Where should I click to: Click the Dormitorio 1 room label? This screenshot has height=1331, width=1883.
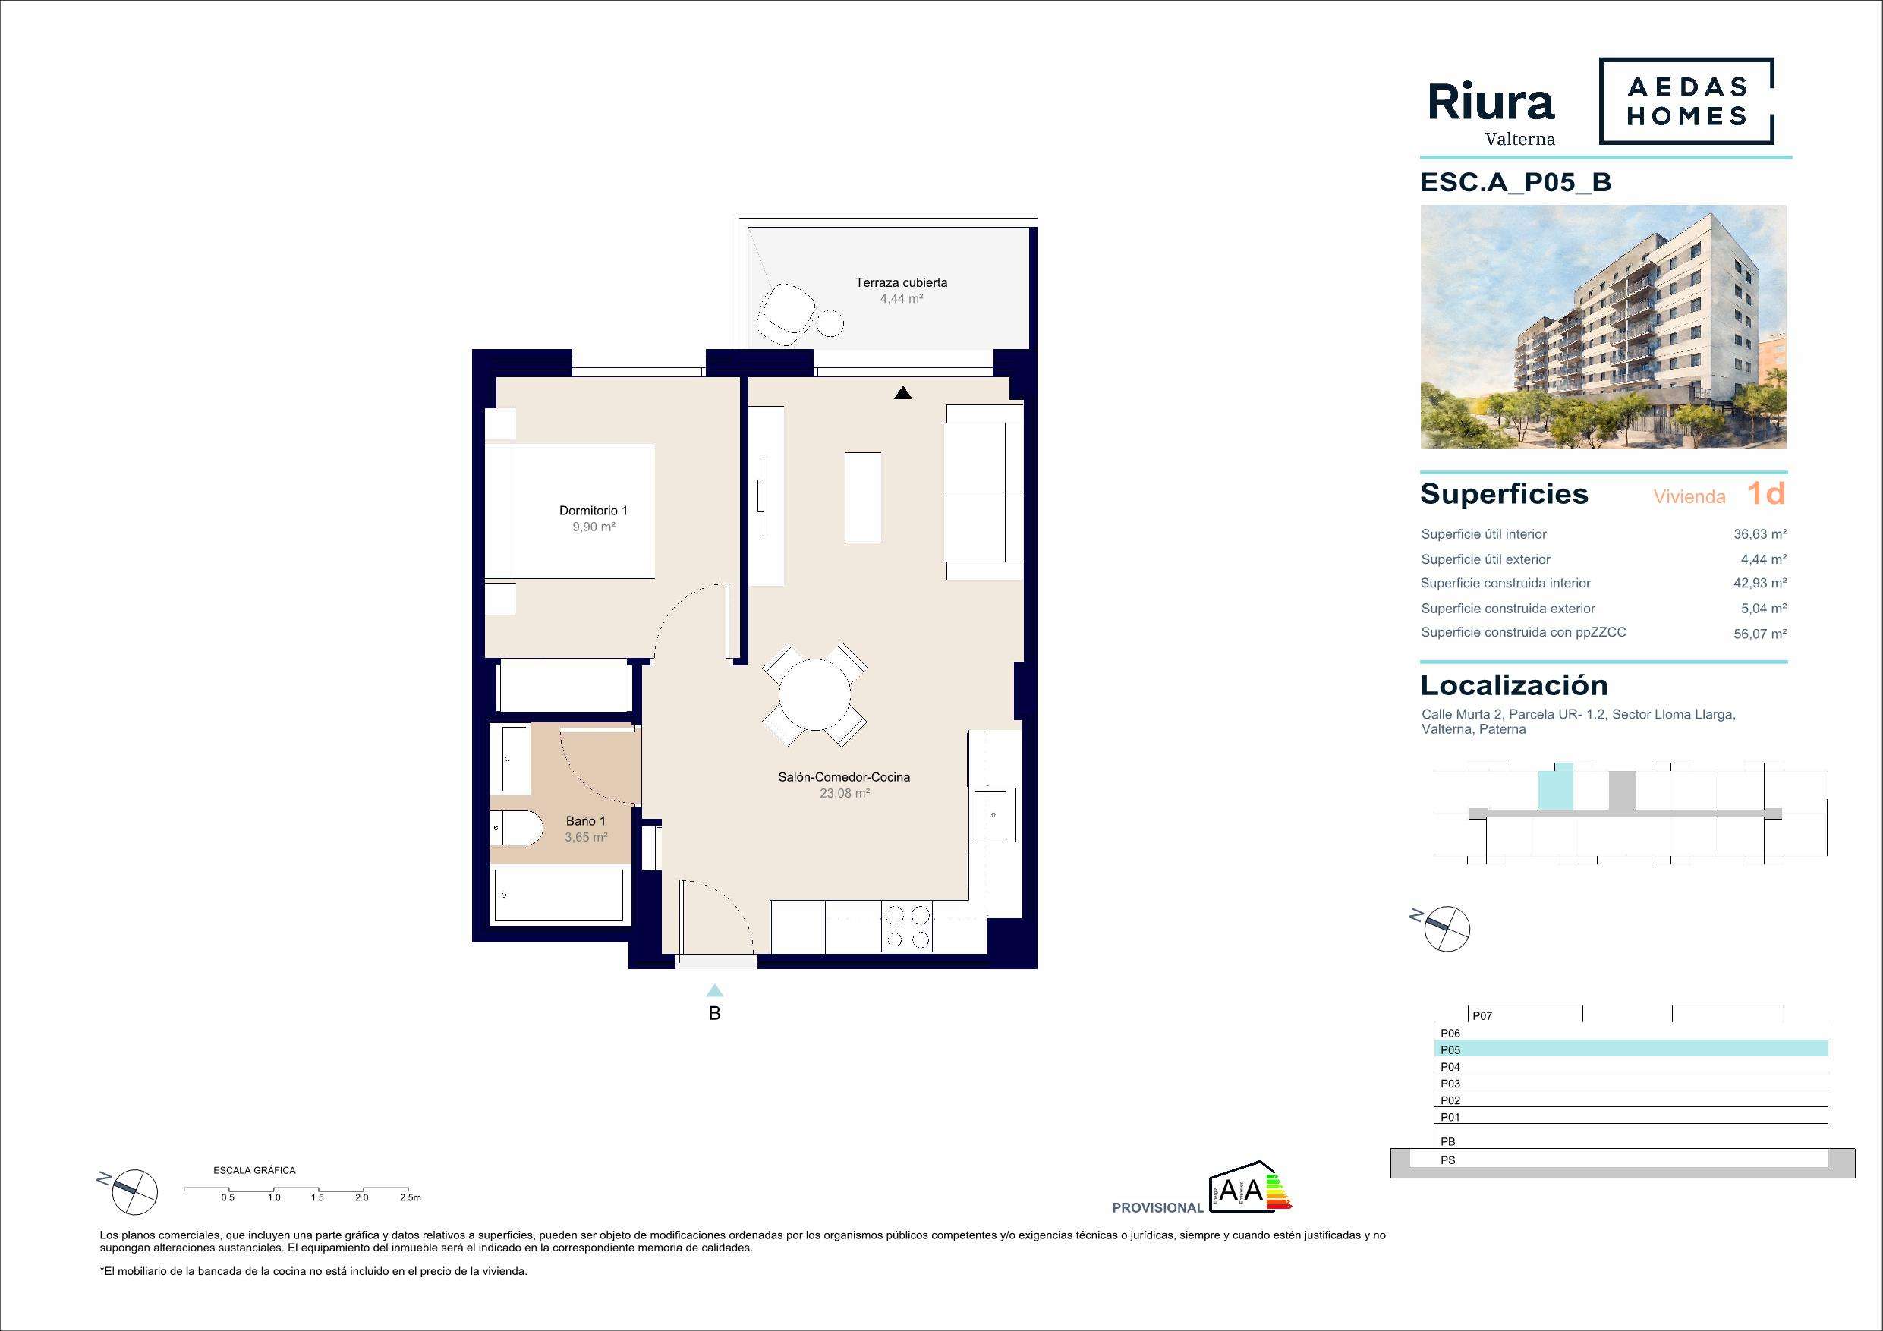click(593, 510)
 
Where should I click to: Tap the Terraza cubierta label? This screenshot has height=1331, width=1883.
click(902, 282)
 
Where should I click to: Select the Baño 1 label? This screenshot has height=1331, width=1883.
click(586, 821)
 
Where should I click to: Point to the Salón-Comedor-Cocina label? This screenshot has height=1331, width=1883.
click(844, 776)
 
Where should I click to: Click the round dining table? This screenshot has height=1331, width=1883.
click(814, 694)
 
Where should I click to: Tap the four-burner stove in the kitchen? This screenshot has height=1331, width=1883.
click(907, 927)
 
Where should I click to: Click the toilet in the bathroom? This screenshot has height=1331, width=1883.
click(517, 829)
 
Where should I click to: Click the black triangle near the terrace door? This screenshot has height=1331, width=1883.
click(903, 393)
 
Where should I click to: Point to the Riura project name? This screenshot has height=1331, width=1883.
click(1491, 103)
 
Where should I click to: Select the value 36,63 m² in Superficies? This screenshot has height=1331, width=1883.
click(1760, 534)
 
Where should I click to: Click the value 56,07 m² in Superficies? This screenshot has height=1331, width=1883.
click(1760, 633)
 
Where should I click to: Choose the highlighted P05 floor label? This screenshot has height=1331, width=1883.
click(1450, 1049)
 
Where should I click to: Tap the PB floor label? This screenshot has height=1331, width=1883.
click(1447, 1141)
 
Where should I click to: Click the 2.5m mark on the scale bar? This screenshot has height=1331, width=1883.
click(410, 1198)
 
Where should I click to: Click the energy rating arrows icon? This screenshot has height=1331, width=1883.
click(1279, 1192)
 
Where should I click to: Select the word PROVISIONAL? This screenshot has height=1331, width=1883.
click(1158, 1208)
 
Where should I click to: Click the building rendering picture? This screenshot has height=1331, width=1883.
click(1604, 327)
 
